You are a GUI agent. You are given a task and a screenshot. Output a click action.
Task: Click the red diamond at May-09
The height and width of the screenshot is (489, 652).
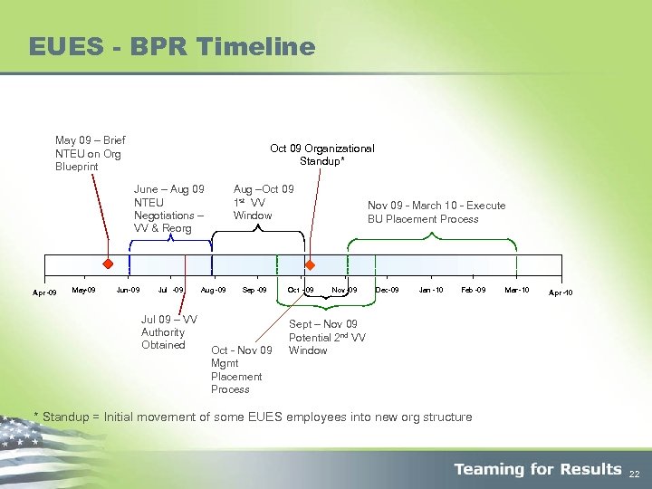[x=107, y=264]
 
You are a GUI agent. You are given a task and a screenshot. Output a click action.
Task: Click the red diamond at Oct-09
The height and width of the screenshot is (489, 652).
[x=310, y=265]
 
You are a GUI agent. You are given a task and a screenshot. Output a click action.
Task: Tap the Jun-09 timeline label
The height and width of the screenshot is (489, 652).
[x=128, y=290]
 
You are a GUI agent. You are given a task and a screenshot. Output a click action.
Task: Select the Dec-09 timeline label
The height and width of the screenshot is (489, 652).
[x=387, y=290]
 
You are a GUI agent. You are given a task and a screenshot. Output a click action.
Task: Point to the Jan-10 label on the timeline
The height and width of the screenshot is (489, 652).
[x=431, y=290]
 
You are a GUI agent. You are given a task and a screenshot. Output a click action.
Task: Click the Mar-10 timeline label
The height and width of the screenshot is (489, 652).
[x=517, y=290]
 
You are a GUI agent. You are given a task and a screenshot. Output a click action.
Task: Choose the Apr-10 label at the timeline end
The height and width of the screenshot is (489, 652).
[x=561, y=292]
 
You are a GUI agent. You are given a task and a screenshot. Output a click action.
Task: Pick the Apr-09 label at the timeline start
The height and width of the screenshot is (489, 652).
[x=44, y=292]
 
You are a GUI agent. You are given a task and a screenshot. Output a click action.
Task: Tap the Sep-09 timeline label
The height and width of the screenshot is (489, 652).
[x=254, y=290]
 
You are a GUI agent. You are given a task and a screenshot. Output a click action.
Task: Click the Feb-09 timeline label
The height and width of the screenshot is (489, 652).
[x=474, y=290]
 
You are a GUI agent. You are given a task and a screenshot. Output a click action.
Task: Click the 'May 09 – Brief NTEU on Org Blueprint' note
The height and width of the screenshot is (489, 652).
[x=90, y=153]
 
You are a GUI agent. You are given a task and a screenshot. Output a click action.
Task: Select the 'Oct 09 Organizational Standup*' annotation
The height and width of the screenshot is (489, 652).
[x=321, y=155]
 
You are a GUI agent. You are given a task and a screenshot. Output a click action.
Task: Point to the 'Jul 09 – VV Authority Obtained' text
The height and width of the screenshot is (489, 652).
[x=168, y=332]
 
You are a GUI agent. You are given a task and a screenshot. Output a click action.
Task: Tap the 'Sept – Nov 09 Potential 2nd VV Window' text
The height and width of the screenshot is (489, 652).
[x=327, y=337]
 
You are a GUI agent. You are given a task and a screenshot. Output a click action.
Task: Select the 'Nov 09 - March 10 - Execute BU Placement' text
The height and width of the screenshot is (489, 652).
[x=436, y=212]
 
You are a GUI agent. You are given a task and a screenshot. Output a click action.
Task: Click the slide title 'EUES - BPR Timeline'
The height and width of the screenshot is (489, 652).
[x=172, y=46]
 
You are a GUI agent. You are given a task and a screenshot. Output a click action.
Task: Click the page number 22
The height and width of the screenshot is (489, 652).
[x=635, y=473]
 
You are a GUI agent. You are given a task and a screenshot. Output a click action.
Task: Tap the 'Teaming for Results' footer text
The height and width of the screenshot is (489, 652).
[x=538, y=469]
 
